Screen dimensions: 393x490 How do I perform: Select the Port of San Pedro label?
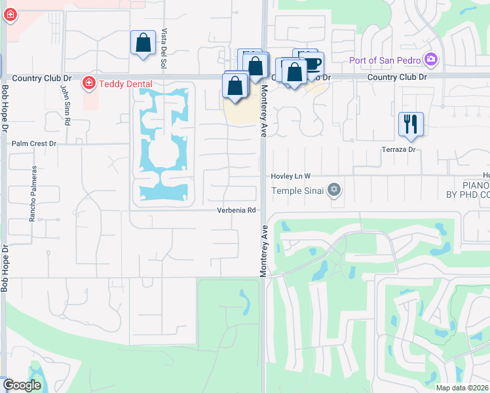[x=387, y=60]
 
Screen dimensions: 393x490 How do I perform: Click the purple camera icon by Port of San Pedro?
[x=431, y=60]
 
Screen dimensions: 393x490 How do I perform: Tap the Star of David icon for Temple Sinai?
[x=335, y=191]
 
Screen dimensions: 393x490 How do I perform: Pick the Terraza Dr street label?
[x=400, y=149]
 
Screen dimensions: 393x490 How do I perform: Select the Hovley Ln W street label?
[x=291, y=177]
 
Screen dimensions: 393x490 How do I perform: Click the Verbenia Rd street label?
[x=236, y=211]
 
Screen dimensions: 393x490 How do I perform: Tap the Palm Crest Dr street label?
[x=34, y=143]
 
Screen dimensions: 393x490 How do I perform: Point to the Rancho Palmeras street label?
[x=32, y=193]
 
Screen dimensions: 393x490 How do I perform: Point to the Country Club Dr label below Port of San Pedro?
[x=397, y=77]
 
